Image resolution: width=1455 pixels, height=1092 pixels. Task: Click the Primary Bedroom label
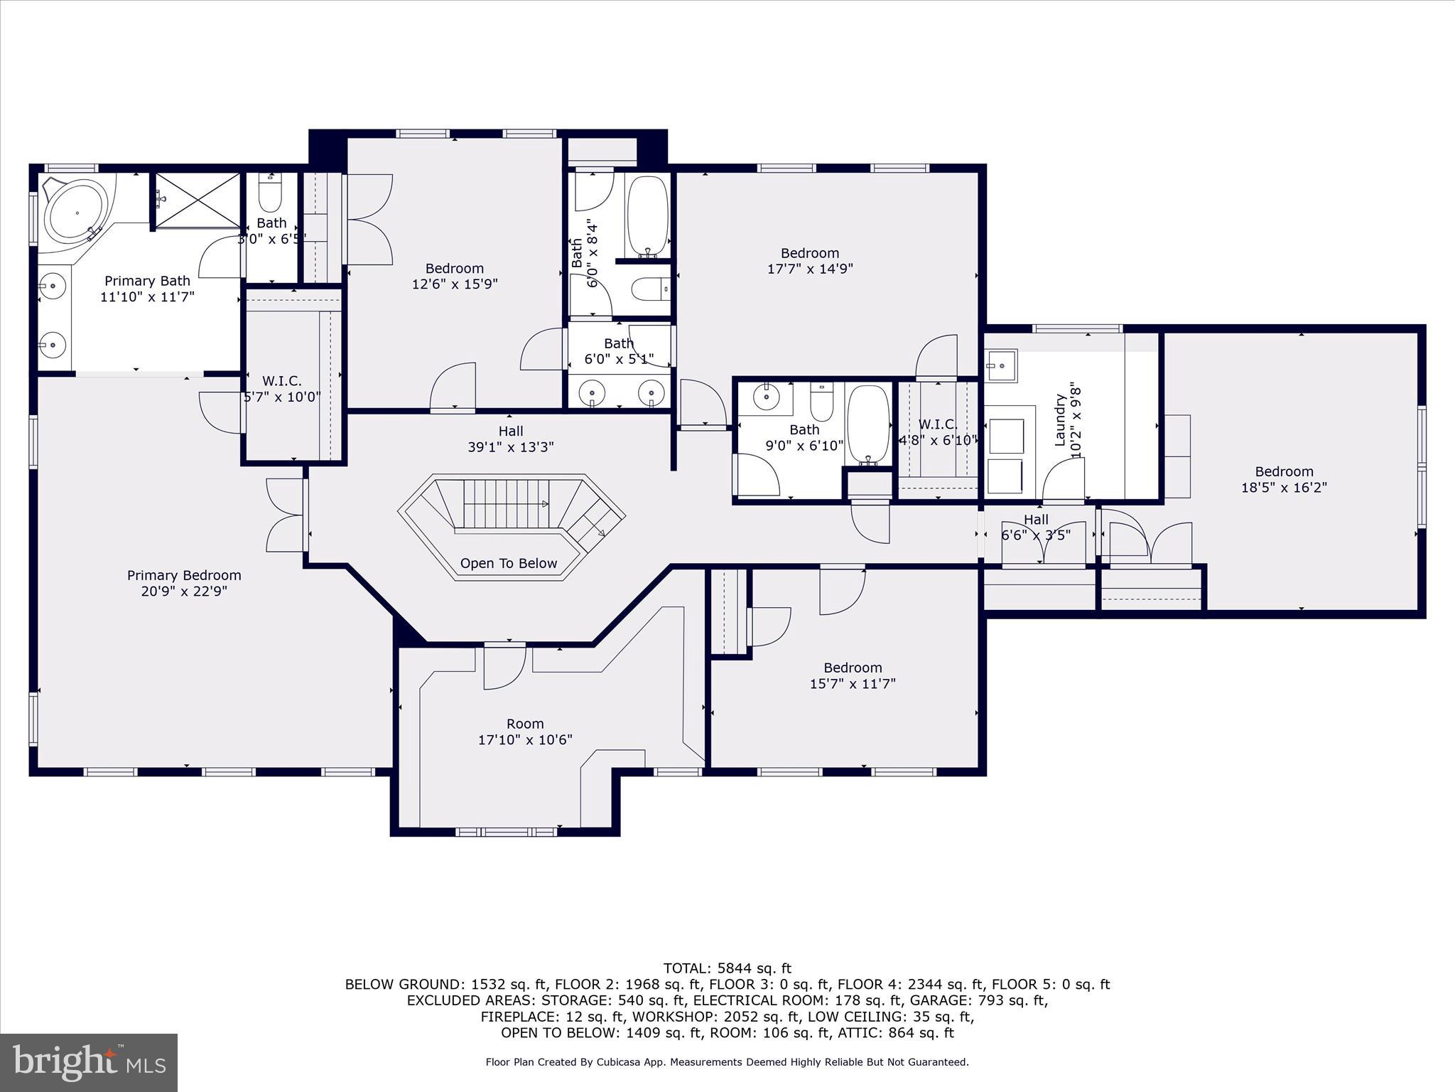pos(184,575)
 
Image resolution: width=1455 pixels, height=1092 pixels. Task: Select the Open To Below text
pos(508,564)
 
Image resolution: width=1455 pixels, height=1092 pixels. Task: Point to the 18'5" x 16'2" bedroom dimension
pos(1284,488)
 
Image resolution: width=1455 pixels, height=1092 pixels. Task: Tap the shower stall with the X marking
pos(198,200)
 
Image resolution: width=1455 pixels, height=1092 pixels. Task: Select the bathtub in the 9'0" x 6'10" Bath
pos(868,424)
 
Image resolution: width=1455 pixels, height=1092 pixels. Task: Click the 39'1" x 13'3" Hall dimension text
pos(510,447)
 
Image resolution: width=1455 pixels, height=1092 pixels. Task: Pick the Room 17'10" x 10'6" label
pos(525,732)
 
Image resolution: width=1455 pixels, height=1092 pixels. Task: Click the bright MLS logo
pos(89,1062)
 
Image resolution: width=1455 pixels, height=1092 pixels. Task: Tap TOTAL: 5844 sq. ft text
pos(727,968)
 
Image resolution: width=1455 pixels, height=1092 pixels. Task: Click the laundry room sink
pos(1001,366)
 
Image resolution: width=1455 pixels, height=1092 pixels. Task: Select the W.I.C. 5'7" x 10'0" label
pos(282,390)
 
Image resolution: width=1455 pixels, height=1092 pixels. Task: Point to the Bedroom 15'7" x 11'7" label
pos(853,675)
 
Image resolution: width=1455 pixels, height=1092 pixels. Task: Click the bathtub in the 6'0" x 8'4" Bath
pos(647,216)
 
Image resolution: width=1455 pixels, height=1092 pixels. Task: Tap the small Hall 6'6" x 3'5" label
pos(1035,527)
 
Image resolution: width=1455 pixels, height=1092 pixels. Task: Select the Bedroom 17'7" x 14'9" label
pos(810,261)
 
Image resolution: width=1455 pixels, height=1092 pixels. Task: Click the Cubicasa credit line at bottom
pos(727,1062)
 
